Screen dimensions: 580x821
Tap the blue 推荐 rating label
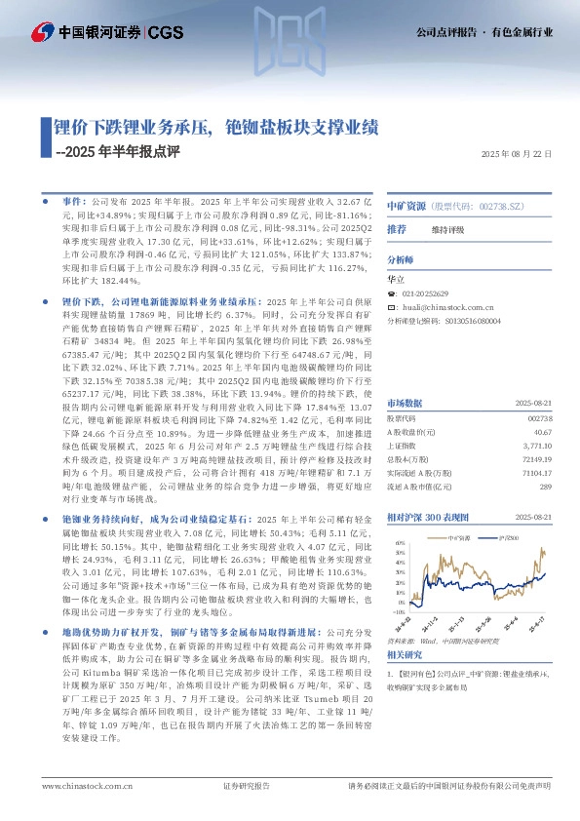click(397, 228)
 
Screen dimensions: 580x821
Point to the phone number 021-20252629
click(425, 293)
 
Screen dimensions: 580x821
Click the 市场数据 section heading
click(405, 402)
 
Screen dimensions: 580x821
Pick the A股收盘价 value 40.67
click(542, 431)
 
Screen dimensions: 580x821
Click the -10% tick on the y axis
click(399, 612)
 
